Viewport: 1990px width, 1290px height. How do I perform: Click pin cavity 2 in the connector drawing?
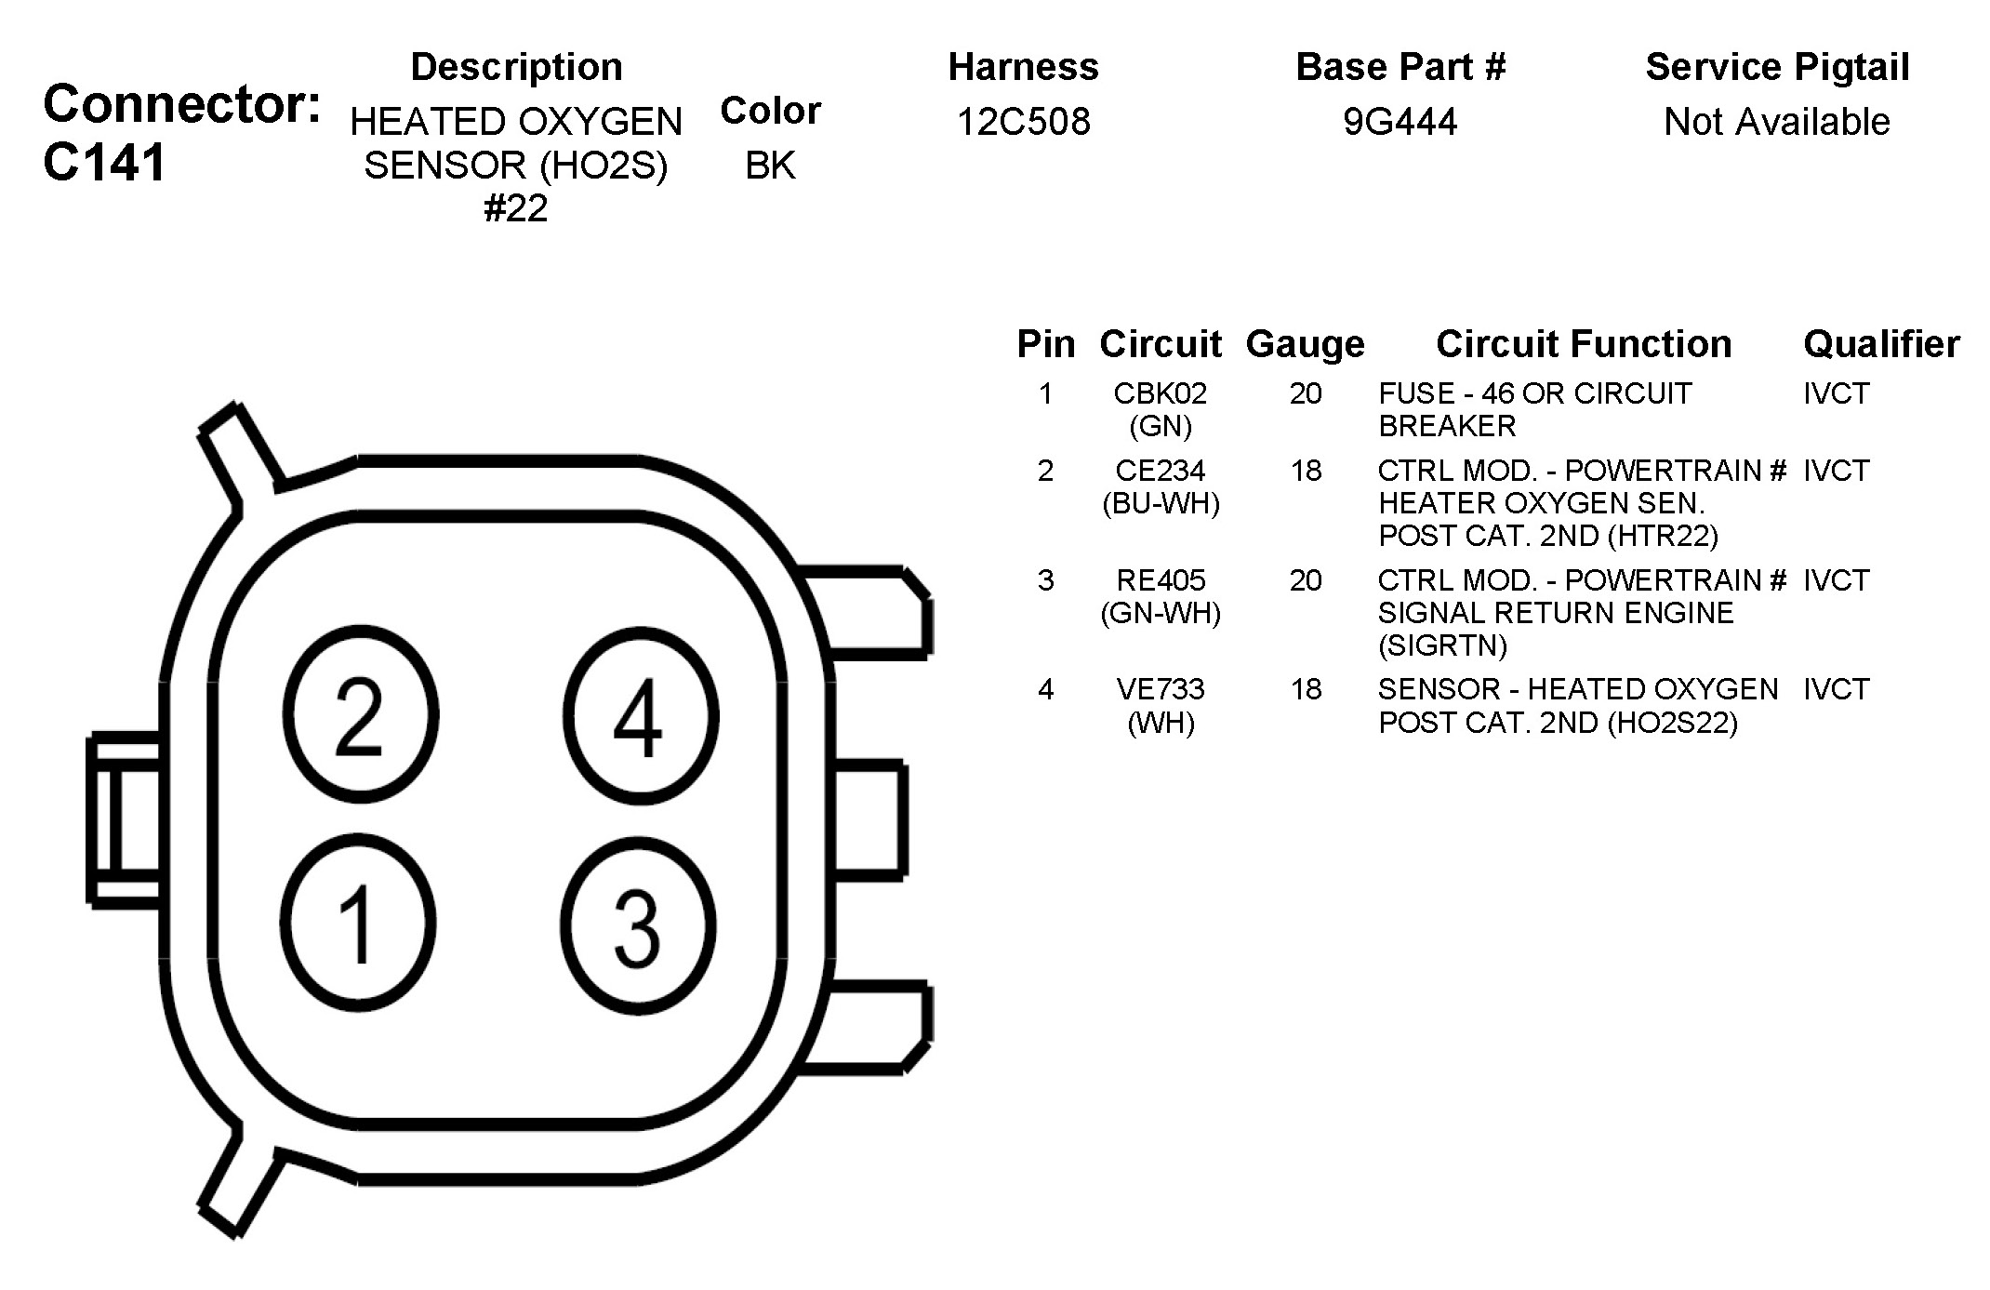tap(360, 714)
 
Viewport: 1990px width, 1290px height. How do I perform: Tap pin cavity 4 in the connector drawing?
tap(640, 714)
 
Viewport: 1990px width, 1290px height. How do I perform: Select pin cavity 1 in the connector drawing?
tap(358, 924)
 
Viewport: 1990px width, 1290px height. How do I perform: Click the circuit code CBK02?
tap(1160, 393)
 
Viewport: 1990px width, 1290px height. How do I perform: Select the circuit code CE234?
tap(1161, 471)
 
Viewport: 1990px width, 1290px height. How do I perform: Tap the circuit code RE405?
tap(1161, 580)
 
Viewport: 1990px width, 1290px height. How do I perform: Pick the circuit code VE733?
tap(1161, 689)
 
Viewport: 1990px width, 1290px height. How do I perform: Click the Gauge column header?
tap(1305, 345)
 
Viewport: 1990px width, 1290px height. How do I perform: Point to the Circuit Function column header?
tap(1584, 344)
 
